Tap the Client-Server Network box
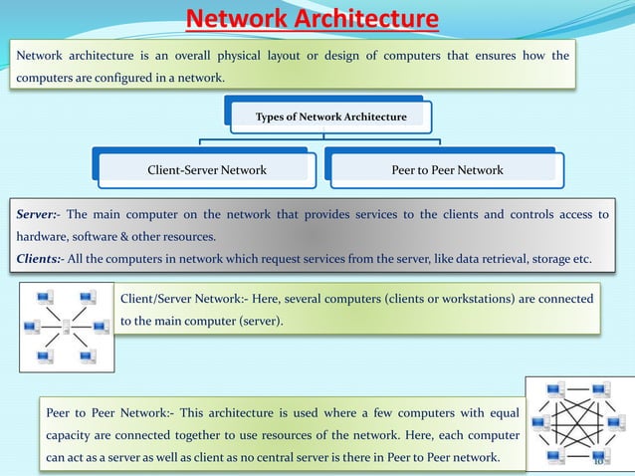pos(207,170)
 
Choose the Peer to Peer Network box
pos(446,170)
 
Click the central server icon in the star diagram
pos(67,326)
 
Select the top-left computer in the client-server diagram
pos(46,297)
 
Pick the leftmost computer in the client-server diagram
pos(30,326)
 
